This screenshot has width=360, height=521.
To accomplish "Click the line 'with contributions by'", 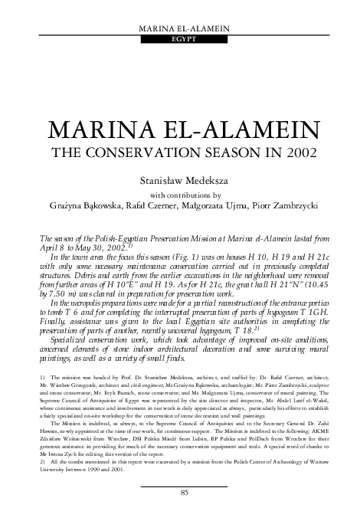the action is click(181, 195).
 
